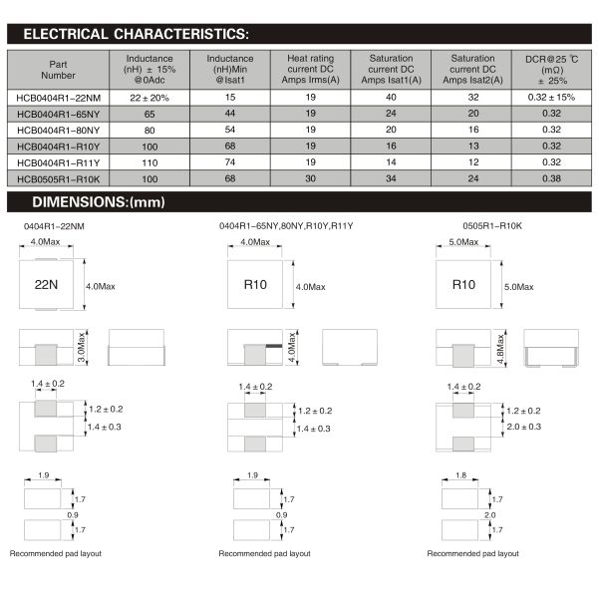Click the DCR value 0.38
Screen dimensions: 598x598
point(552,178)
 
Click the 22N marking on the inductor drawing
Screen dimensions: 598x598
point(47,284)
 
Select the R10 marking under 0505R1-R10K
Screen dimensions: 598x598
point(463,284)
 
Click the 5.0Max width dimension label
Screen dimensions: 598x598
point(459,242)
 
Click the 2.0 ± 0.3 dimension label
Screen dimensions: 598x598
point(522,426)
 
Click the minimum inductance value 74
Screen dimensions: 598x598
point(230,162)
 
